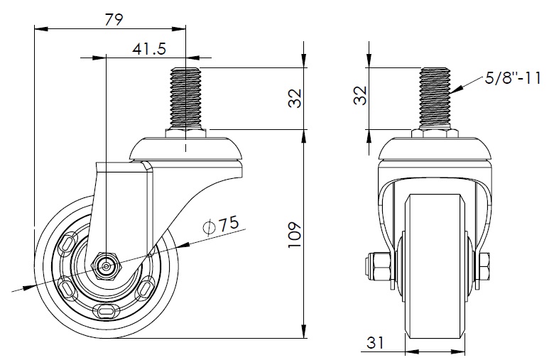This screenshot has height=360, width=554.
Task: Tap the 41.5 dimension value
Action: click(149, 49)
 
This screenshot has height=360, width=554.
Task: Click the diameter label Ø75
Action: click(221, 224)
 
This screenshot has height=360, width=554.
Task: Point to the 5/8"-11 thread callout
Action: click(513, 77)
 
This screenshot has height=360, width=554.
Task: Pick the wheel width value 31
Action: click(374, 342)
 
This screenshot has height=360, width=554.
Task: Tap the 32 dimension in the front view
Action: click(360, 95)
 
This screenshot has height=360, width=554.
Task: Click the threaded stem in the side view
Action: click(185, 99)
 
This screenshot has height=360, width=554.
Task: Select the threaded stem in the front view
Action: click(435, 99)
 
